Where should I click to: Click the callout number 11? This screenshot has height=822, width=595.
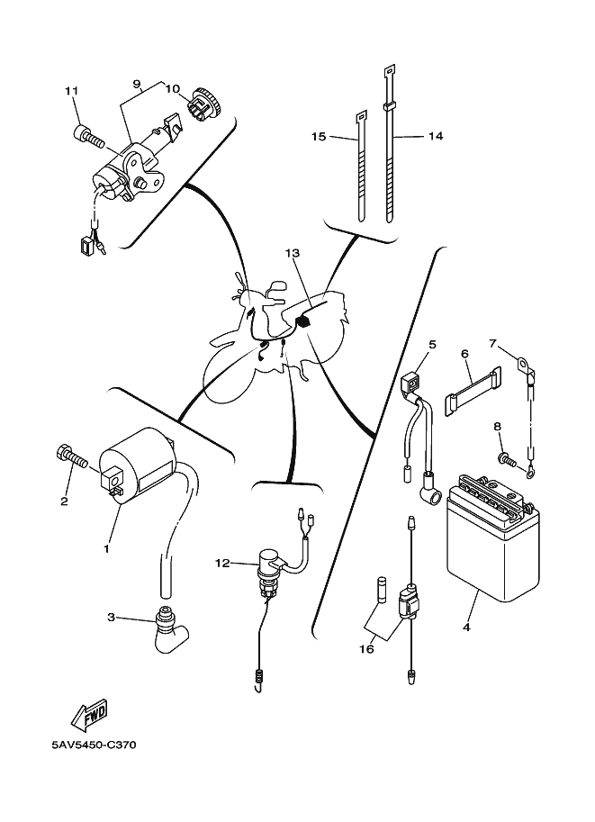point(71,92)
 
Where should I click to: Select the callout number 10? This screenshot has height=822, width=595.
point(172,89)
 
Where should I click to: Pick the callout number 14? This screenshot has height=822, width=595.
point(436,137)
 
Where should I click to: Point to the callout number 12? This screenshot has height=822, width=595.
point(222,564)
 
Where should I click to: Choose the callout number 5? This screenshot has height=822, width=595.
point(432,344)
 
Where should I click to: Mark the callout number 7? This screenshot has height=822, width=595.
point(493,343)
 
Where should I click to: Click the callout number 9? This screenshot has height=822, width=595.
point(138,84)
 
